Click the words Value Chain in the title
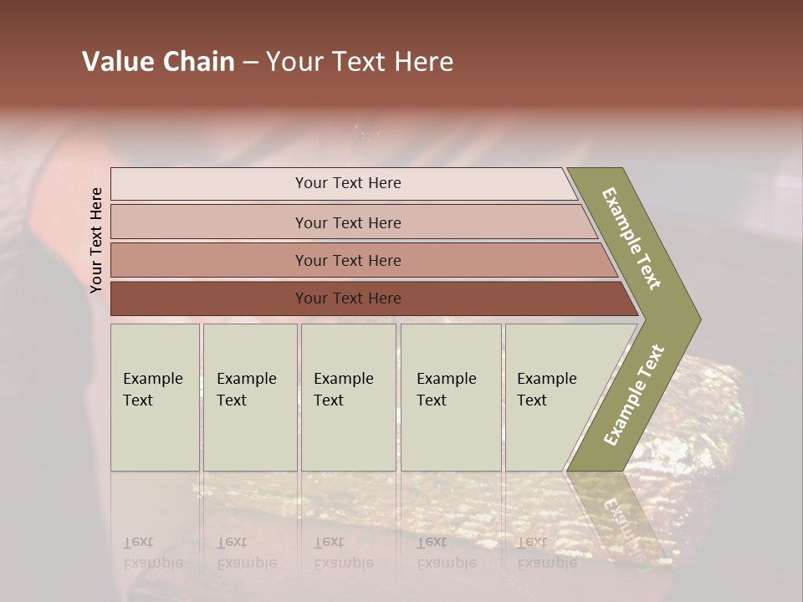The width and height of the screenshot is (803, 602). click(x=158, y=62)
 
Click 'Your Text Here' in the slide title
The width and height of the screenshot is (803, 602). click(x=360, y=62)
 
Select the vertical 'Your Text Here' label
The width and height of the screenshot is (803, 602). click(x=96, y=240)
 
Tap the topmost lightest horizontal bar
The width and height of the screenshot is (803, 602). click(x=343, y=183)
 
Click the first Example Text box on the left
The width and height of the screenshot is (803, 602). click(x=155, y=397)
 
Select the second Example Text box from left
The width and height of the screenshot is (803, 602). click(x=249, y=397)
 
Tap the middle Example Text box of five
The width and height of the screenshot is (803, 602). click(x=348, y=397)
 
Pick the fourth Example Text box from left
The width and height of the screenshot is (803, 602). click(x=450, y=397)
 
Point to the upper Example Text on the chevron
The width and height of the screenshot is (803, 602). click(x=632, y=238)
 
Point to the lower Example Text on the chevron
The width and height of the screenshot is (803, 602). click(x=634, y=395)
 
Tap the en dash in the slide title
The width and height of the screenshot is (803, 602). click(x=250, y=63)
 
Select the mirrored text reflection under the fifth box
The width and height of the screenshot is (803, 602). click(x=546, y=553)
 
